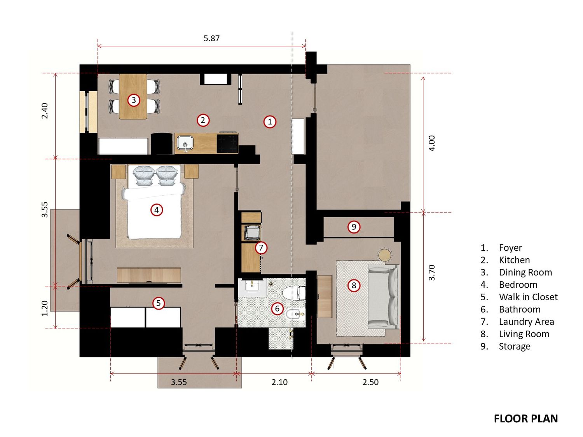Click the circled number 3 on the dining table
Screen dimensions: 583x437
134,100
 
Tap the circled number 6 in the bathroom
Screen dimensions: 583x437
277,308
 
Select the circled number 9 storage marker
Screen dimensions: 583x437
354,227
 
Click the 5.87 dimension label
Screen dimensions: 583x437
211,38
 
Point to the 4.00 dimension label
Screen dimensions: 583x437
432,143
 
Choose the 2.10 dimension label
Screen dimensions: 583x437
279,382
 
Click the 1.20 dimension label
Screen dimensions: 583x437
45,308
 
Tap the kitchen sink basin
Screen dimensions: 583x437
185,143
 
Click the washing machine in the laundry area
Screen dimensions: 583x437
251,233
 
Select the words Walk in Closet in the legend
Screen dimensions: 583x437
528,297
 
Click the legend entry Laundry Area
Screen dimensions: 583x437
526,322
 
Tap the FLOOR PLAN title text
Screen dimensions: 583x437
525,419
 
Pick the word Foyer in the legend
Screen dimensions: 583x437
510,247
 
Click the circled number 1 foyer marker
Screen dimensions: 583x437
270,122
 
